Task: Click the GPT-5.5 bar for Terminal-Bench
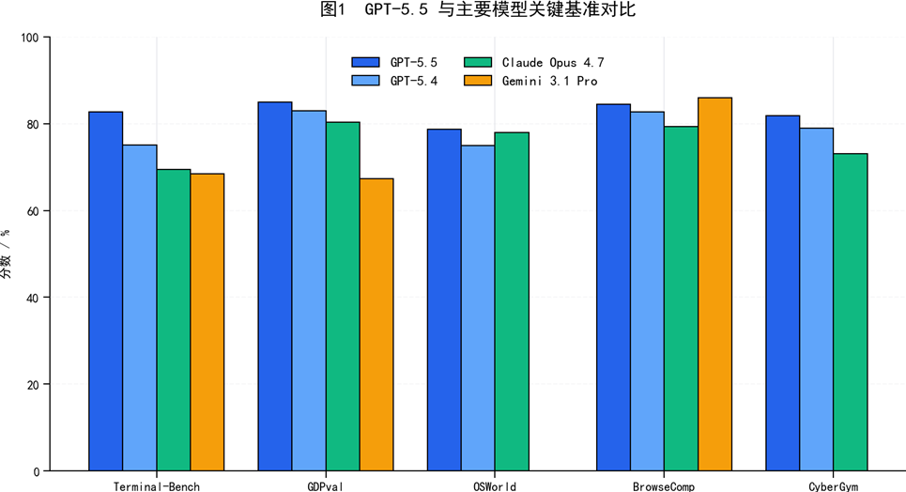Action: (106, 291)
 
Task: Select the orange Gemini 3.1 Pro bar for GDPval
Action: (376, 325)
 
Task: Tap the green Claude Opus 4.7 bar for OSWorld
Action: (512, 301)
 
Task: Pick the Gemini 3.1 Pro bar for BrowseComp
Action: (714, 284)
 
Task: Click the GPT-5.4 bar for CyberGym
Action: (817, 300)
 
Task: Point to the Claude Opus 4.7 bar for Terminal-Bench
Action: (174, 320)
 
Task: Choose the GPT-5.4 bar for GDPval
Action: (309, 291)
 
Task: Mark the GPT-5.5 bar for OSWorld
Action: (444, 300)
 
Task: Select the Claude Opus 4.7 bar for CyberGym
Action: (851, 313)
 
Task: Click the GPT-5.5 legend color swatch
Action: (366, 63)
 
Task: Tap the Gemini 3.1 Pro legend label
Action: (549, 81)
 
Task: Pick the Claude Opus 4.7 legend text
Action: (553, 63)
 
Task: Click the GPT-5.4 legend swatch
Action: (366, 81)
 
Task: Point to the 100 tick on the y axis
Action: (30, 38)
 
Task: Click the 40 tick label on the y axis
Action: (33, 298)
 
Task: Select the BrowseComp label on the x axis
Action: (664, 486)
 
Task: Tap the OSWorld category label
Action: (495, 486)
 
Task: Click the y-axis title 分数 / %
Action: (6, 254)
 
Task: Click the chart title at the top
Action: (478, 9)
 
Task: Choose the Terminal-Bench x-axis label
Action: (157, 486)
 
